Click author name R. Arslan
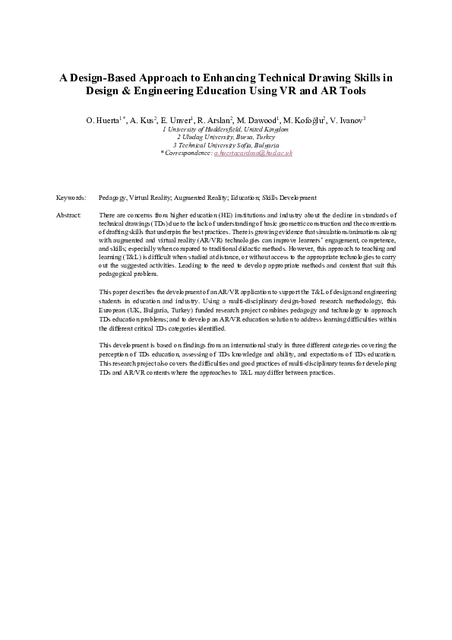point(214,120)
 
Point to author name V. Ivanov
point(347,120)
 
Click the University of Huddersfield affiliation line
point(226,129)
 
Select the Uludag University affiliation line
point(226,137)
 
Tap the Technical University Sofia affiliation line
point(226,144)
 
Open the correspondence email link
point(253,153)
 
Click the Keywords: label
point(71,197)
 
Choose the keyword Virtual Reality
point(150,197)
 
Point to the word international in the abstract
point(236,346)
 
